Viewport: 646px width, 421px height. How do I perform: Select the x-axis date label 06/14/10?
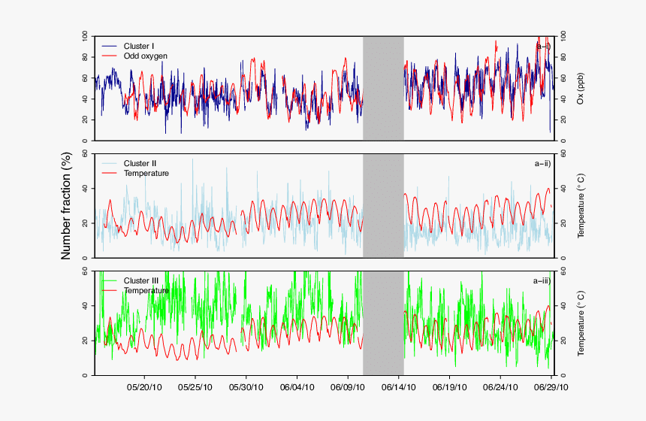point(398,388)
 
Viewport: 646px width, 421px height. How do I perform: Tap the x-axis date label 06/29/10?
point(551,388)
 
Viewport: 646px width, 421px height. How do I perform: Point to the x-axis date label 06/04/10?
point(297,388)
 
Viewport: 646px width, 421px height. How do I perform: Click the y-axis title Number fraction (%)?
point(66,205)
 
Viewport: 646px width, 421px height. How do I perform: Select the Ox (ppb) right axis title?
point(581,89)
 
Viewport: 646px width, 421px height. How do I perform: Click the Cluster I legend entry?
point(139,47)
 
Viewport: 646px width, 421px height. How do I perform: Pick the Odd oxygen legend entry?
point(145,56)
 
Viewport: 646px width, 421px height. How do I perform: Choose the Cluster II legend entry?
point(140,163)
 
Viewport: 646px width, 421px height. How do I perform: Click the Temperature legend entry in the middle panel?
point(146,173)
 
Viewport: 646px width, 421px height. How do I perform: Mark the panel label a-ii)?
point(542,163)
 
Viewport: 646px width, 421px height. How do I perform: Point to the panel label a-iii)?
point(541,280)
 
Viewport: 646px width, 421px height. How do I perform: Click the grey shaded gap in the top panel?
point(383,88)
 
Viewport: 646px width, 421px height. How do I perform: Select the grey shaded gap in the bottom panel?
point(383,323)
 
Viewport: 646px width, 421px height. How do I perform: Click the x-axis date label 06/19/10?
point(449,388)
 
